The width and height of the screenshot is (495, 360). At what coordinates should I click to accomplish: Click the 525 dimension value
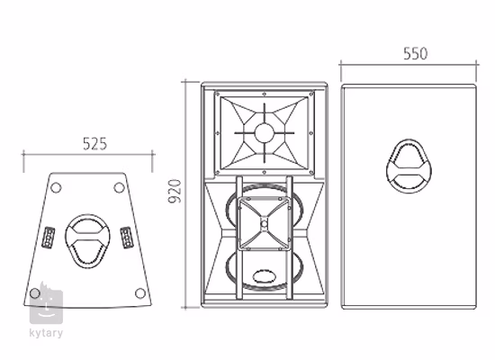point(95,144)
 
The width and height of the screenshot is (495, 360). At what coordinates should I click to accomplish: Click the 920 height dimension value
point(175,191)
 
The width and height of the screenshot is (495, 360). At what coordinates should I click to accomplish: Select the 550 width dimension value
point(416,54)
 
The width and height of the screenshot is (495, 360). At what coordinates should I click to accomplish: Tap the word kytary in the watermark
point(46,333)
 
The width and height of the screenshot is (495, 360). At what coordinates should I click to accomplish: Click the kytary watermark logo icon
point(47,304)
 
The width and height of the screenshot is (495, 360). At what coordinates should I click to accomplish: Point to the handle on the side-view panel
point(409,166)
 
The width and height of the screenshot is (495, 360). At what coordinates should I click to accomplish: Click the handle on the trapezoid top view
point(88,240)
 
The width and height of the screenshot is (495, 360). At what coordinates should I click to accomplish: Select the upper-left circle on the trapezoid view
point(56,187)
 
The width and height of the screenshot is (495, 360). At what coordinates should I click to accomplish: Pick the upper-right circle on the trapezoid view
point(119,187)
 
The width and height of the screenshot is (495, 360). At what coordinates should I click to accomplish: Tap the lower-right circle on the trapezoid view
point(140,293)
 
